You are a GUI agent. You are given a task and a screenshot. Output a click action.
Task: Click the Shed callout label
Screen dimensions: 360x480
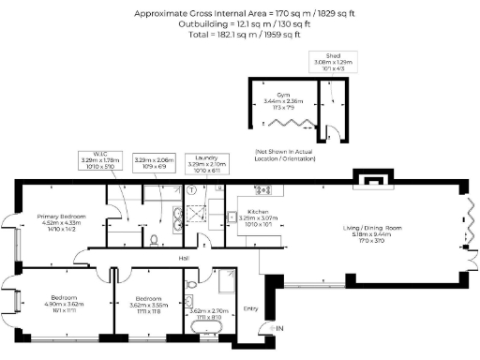coord(333,56)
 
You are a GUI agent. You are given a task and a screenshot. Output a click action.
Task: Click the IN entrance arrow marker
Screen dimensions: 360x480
coord(277,328)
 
